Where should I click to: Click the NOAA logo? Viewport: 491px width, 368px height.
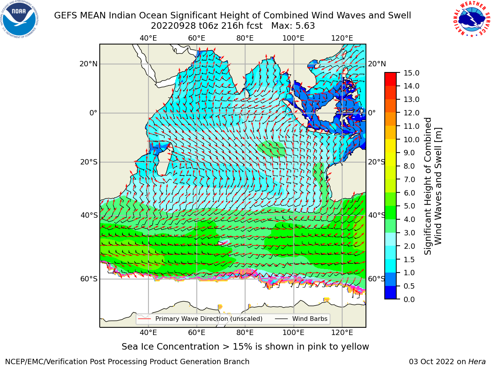[x=20, y=20]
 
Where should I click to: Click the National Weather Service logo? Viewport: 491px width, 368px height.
[x=471, y=19]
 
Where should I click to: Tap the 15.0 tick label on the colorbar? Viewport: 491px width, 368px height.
[x=411, y=73]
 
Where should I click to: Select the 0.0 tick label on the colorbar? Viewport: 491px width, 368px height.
[x=409, y=299]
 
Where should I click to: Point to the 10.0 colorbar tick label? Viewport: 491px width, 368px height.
[x=411, y=140]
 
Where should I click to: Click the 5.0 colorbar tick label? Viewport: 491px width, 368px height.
[x=409, y=206]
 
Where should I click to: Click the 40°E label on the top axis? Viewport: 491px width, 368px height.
[x=148, y=38]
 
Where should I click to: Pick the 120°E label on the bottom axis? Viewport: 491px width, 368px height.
[x=342, y=333]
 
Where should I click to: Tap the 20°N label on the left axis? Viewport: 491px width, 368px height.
[x=89, y=64]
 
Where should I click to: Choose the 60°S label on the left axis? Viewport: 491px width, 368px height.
[x=89, y=279]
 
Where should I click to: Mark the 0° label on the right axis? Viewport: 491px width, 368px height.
[x=372, y=113]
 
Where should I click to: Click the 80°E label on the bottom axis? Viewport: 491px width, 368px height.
[x=245, y=333]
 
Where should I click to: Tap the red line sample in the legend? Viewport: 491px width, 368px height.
[x=144, y=319]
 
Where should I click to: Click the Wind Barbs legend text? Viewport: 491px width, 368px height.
[x=310, y=319]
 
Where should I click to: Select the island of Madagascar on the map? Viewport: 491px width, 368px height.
[x=165, y=159]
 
